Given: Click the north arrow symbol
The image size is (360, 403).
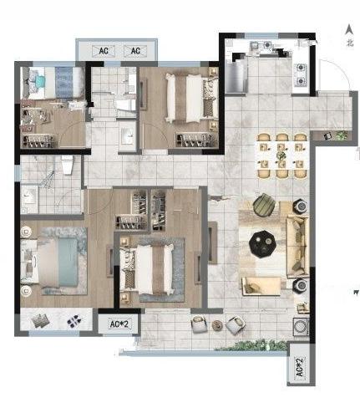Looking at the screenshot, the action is pos(349,29).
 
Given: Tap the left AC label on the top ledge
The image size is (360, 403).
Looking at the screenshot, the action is pos(104,51).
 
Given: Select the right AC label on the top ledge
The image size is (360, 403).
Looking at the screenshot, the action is pos(135,51).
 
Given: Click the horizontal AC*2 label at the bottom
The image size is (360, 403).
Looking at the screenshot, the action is pos(119,324).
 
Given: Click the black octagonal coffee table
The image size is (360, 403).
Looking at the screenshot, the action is pos(263,244).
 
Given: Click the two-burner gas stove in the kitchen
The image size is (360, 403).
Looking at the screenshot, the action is pos(301,74).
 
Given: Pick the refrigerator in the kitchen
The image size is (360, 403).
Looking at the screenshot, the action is pos(236,76).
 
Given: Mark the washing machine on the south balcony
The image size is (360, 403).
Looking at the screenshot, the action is pos(301,326).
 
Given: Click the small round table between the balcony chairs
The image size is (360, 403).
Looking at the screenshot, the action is pos(217,325).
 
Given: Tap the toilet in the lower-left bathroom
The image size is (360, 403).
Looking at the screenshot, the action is pos(67,165).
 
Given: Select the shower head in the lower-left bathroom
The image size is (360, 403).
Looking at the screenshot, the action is pos(48,177).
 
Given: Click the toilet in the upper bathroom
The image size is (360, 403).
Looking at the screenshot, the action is pos(125,105).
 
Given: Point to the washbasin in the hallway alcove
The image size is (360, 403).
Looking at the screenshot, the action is pos(128,136).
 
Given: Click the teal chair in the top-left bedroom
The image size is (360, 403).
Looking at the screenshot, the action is pos(40,81).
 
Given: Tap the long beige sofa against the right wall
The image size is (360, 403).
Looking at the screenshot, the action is pos(297,247).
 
